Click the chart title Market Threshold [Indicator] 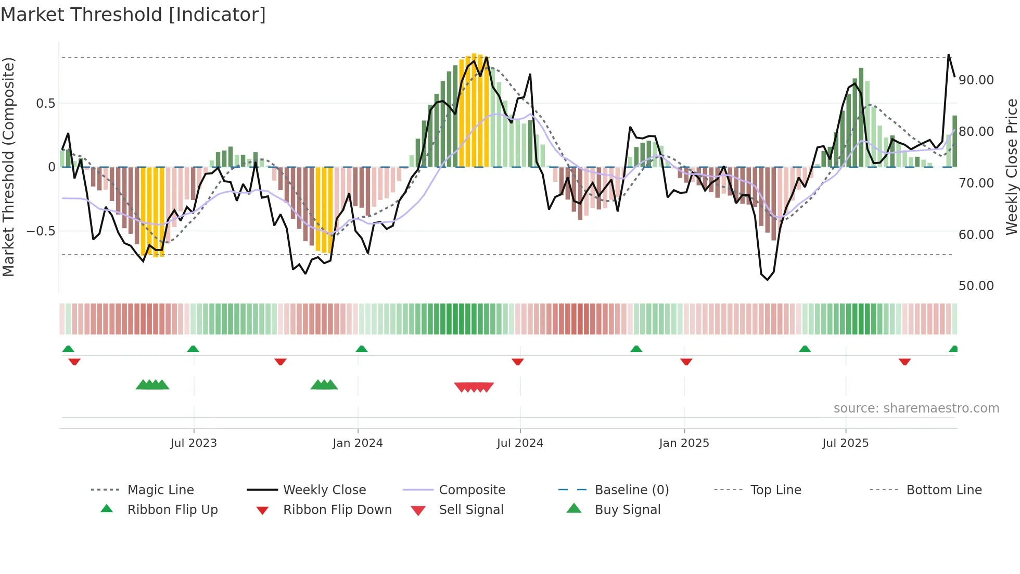(x=133, y=15)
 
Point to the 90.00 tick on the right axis (x=976, y=80)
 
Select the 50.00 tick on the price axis (x=976, y=286)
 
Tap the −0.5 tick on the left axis (x=41, y=231)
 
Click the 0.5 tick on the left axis (x=45, y=104)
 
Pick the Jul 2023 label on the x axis (x=193, y=443)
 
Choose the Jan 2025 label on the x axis (x=683, y=443)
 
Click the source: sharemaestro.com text (x=916, y=408)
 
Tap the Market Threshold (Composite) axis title (x=8, y=167)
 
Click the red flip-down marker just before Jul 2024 (x=517, y=361)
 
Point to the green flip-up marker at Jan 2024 (x=362, y=348)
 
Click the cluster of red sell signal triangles (x=474, y=387)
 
